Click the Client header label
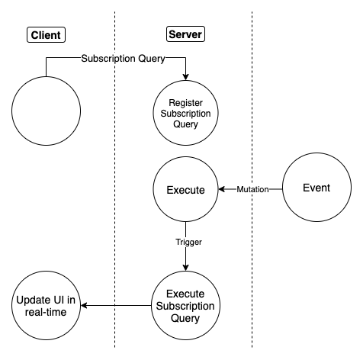[46, 34]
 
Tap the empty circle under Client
[45, 112]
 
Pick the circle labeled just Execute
[185, 189]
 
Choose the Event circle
[316, 189]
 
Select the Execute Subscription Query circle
[185, 306]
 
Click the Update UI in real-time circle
[45, 306]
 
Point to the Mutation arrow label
[252, 189]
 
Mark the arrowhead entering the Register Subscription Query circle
[185, 77]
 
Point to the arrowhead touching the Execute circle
[222, 189]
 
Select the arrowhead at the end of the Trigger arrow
[185, 268]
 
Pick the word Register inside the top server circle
[185, 101]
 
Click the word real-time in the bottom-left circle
[45, 313]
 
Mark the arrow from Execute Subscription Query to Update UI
[114, 306]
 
